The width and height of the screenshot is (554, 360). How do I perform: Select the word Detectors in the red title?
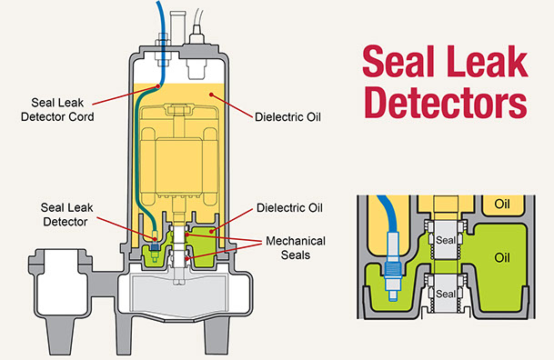pos(444,104)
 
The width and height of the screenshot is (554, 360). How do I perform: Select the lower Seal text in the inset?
pos(445,295)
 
